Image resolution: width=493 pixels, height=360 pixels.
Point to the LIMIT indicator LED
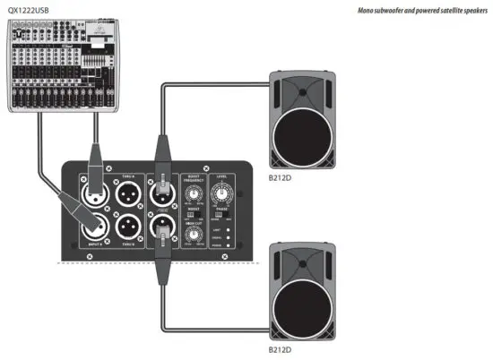point(232,230)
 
